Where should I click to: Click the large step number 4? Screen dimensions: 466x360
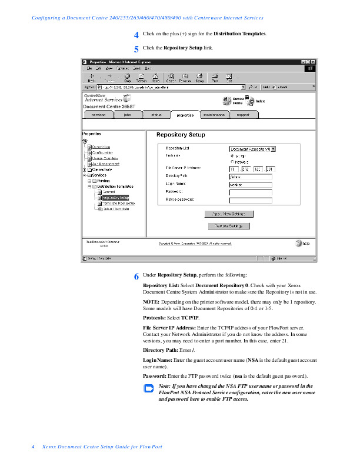point(136,35)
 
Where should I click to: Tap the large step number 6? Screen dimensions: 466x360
point(136,276)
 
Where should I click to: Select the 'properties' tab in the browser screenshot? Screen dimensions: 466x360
point(185,115)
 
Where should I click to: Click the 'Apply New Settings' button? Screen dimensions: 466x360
point(229,214)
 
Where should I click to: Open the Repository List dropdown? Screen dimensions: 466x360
point(252,149)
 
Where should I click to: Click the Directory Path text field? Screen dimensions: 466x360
point(250,176)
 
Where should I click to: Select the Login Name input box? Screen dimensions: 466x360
point(250,184)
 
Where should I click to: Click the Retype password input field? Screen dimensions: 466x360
point(250,200)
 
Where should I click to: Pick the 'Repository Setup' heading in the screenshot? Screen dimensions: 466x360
point(181,135)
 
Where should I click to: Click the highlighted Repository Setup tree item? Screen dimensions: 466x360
point(115,198)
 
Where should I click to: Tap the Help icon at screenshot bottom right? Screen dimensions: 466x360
point(300,243)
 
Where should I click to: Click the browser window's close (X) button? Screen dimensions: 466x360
point(314,62)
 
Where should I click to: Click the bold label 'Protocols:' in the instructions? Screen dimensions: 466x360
point(157,317)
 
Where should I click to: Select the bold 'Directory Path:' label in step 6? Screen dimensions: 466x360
point(163,349)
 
